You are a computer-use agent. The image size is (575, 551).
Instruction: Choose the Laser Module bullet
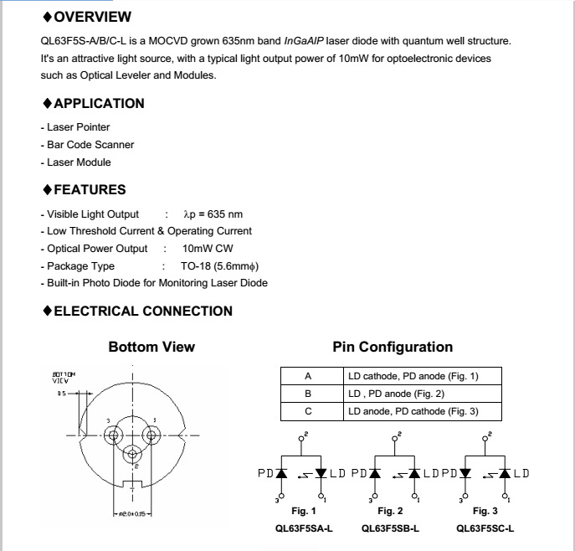click(79, 162)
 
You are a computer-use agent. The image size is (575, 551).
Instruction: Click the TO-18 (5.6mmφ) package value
click(220, 266)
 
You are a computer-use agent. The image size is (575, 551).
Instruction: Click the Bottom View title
click(151, 347)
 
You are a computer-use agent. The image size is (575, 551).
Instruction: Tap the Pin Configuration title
click(393, 347)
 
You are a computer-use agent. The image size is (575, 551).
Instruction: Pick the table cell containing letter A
click(308, 376)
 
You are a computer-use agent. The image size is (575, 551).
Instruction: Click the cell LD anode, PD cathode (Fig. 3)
click(424, 411)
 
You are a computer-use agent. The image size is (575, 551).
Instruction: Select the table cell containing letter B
click(308, 394)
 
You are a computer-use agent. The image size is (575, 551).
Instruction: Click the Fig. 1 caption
click(303, 511)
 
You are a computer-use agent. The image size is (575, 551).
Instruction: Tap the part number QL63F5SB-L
click(390, 528)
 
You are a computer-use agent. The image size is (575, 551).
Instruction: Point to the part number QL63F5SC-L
click(485, 528)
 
